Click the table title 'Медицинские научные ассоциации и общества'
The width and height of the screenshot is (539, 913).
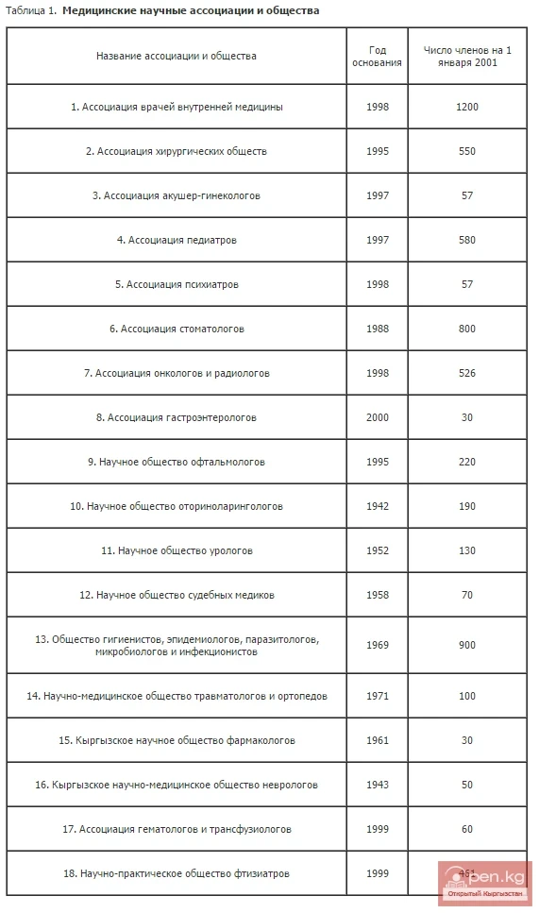pyautogui.click(x=191, y=10)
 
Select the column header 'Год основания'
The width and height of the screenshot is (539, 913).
pyautogui.click(x=377, y=56)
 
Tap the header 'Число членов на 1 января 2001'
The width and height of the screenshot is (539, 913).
pyautogui.click(x=466, y=56)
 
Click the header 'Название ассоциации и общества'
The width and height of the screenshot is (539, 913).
pyautogui.click(x=177, y=56)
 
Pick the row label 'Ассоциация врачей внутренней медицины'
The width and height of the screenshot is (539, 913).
pyautogui.click(x=177, y=107)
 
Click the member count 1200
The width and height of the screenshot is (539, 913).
pyautogui.click(x=466, y=107)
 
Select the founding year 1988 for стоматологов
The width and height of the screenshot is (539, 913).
pyautogui.click(x=377, y=329)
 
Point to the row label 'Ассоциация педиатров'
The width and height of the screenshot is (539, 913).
pyautogui.click(x=177, y=240)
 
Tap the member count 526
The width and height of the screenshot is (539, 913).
pyautogui.click(x=466, y=373)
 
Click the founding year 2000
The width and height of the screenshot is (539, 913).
pyautogui.click(x=377, y=417)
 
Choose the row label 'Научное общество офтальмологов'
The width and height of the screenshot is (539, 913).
pyautogui.click(x=177, y=462)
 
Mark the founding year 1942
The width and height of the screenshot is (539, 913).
pyautogui.click(x=377, y=506)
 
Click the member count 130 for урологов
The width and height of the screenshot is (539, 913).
pyautogui.click(x=466, y=550)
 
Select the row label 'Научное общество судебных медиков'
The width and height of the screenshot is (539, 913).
pyautogui.click(x=177, y=595)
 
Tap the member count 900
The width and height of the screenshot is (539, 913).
pyautogui.click(x=466, y=646)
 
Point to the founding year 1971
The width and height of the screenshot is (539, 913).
pyautogui.click(x=377, y=696)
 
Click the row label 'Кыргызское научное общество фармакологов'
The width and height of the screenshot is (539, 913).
pyautogui.click(x=177, y=740)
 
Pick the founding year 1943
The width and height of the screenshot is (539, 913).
pyautogui.click(x=377, y=785)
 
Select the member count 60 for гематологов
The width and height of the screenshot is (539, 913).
pyautogui.click(x=466, y=829)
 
